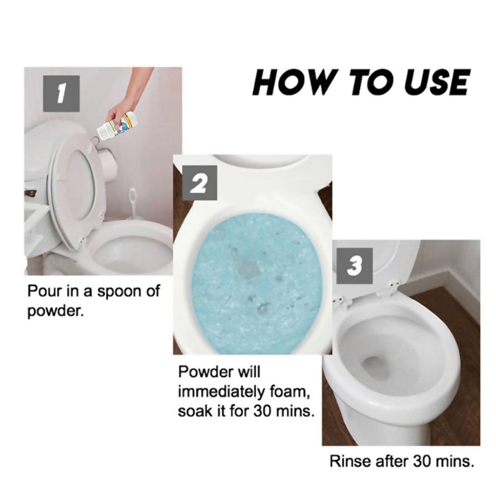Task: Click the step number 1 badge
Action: [x=61, y=92]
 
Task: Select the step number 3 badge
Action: [x=354, y=267]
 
